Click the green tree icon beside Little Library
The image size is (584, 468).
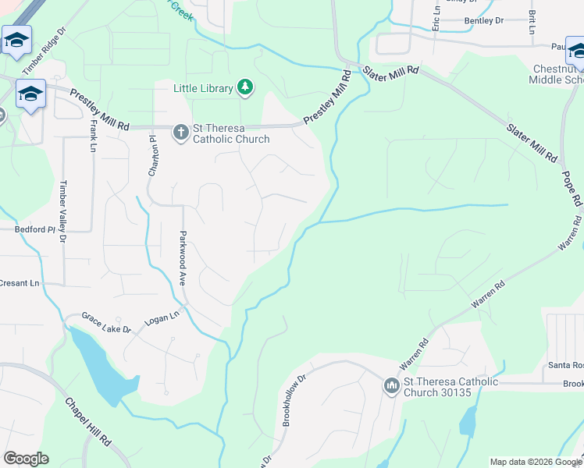[245, 87]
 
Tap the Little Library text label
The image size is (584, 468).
[203, 88]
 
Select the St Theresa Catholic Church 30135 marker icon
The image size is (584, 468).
[391, 385]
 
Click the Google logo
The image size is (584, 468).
[26, 459]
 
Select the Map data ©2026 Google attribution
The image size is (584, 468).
[536, 462]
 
